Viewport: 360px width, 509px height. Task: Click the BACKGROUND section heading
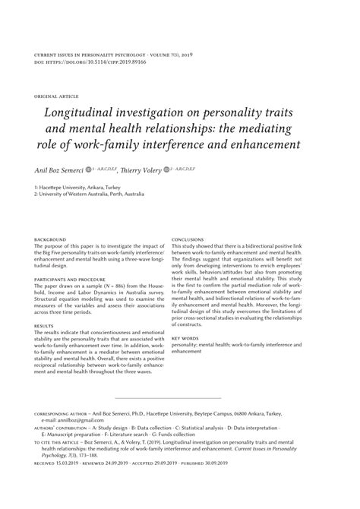tap(51, 239)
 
